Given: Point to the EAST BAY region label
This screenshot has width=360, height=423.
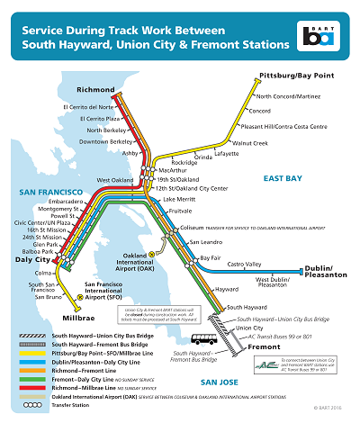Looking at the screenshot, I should [281, 179].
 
